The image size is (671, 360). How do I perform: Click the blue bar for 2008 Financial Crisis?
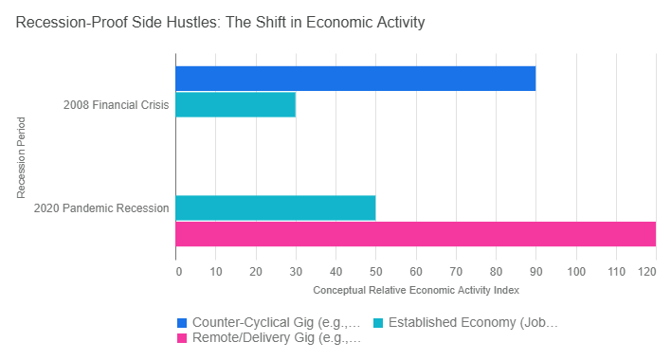(355, 79)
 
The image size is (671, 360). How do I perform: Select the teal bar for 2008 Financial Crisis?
(236, 104)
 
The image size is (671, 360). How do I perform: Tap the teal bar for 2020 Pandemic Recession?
(276, 207)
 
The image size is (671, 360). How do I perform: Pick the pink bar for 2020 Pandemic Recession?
(415, 233)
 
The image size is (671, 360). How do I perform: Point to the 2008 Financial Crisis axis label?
(118, 105)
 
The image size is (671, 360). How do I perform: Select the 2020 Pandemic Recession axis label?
(101, 207)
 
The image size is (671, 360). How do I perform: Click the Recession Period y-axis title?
(20, 156)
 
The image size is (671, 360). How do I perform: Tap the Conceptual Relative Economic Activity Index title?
(416, 289)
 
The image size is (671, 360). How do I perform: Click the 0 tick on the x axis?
(178, 272)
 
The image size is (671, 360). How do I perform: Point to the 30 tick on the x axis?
(296, 272)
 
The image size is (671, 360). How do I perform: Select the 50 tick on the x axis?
(376, 272)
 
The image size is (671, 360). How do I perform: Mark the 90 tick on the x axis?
(536, 272)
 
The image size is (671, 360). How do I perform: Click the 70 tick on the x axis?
(457, 272)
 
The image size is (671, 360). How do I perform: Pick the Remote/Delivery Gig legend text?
(276, 337)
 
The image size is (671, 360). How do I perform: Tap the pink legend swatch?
(182, 337)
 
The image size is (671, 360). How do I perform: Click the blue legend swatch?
(182, 322)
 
